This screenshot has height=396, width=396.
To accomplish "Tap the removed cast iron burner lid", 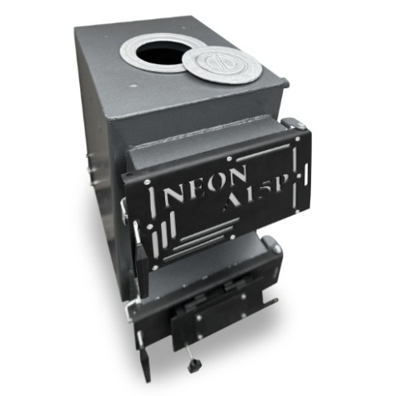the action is [x=221, y=66].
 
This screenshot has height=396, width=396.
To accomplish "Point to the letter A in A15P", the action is [x=233, y=203].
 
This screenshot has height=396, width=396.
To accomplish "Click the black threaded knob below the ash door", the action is [x=195, y=365].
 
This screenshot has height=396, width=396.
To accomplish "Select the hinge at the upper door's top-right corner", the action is [x=294, y=123].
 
